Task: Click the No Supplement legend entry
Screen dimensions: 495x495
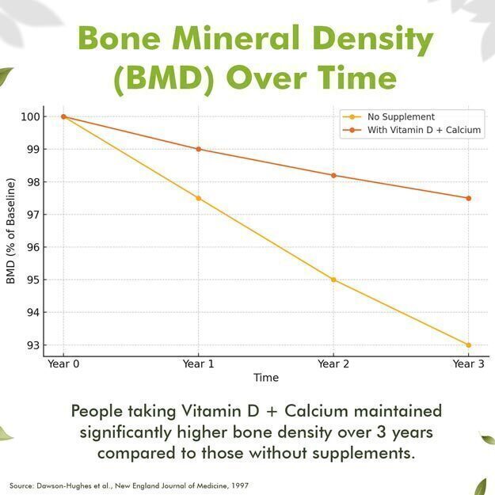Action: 401,116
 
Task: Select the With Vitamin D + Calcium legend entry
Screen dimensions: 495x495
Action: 424,131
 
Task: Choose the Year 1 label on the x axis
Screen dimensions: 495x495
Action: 198,364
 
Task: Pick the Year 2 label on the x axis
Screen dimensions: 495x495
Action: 333,364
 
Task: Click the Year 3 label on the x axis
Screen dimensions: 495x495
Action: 468,364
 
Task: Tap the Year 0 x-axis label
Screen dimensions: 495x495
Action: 63,364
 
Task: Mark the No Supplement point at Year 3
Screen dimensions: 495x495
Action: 469,345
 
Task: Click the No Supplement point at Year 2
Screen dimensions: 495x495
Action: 333,280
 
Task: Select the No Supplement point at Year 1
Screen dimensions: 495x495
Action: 198,198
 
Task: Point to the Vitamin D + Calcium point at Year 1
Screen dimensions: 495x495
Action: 198,149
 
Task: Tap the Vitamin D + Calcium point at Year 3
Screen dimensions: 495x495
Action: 469,198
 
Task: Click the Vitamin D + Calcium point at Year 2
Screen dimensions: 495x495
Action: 333,175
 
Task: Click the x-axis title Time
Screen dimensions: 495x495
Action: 266,378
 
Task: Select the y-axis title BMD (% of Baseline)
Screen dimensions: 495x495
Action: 10,231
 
